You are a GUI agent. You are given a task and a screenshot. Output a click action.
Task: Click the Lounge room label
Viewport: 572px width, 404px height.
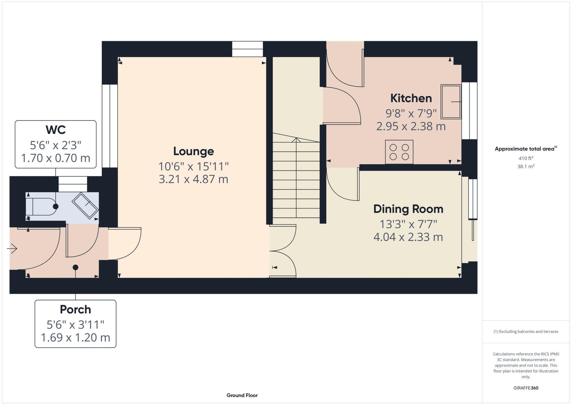point(194,151)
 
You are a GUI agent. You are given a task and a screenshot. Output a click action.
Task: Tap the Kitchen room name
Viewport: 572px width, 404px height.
point(411,98)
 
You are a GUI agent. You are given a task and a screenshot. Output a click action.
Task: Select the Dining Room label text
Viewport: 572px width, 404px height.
point(408,209)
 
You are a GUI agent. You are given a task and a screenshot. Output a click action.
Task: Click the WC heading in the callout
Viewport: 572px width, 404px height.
point(56,130)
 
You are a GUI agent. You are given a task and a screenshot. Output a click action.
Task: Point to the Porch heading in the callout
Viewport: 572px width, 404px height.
point(75,309)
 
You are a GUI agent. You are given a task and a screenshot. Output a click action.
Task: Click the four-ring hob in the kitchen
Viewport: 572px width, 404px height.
point(399,152)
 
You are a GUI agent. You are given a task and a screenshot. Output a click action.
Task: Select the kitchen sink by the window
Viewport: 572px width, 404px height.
point(451,102)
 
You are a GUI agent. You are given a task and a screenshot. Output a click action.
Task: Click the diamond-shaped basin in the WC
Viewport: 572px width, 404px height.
point(85,205)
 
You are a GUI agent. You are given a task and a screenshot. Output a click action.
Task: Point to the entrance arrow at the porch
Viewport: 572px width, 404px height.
point(12,248)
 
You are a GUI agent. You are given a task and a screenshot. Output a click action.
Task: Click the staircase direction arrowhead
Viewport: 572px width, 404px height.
point(296,140)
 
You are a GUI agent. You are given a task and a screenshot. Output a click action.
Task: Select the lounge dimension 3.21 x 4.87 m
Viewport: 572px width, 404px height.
point(194,179)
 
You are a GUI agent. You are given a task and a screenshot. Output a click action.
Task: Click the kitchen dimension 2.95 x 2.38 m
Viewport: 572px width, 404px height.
point(411,126)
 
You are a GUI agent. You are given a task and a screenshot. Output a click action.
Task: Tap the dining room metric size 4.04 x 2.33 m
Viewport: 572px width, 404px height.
point(408,237)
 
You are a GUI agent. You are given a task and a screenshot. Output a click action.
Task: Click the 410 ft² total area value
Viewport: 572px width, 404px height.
point(526,158)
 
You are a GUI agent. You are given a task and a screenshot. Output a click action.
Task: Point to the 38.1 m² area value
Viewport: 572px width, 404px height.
point(526,166)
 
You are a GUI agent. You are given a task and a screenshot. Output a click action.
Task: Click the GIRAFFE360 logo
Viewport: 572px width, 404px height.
point(526,388)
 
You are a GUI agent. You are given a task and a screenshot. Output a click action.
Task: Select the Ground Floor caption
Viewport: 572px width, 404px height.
point(242,395)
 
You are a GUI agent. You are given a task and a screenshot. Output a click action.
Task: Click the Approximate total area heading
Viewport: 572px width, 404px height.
point(526,149)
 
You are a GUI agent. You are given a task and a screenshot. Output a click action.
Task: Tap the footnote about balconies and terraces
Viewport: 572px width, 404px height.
point(526,332)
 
